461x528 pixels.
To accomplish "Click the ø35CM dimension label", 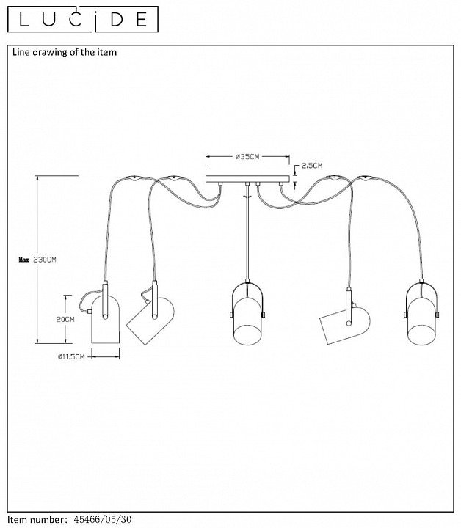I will click(x=247, y=157).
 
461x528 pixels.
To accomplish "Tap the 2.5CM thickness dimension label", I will click(x=311, y=165).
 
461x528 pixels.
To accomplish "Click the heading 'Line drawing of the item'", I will click(x=63, y=53).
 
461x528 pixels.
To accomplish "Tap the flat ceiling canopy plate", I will click(x=249, y=179).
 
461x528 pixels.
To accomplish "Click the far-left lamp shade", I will click(x=104, y=320).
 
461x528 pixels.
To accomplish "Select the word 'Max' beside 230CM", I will click(x=23, y=260).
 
